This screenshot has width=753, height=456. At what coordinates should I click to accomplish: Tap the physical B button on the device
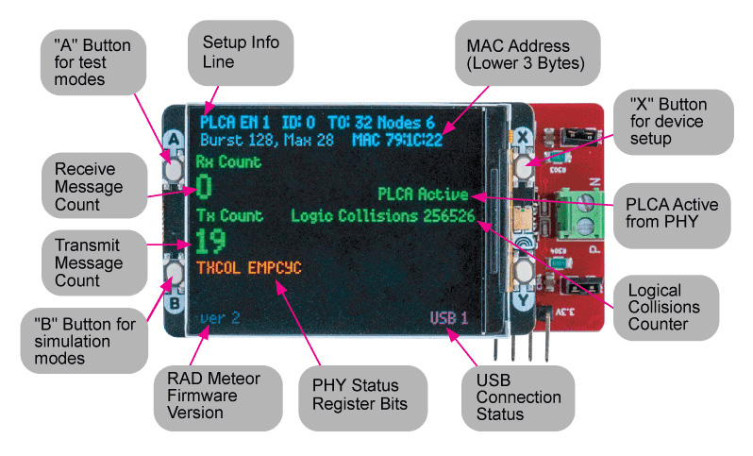(173, 276)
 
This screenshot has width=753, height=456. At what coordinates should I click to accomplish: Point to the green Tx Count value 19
(212, 243)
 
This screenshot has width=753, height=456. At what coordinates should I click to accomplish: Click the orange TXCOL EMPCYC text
(250, 269)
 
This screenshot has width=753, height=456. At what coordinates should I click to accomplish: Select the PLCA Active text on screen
(423, 194)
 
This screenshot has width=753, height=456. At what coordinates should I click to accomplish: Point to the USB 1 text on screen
(450, 317)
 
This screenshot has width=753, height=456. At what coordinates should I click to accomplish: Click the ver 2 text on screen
(220, 318)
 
